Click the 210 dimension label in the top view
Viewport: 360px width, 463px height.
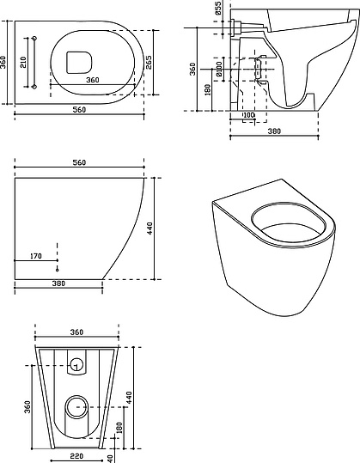23,62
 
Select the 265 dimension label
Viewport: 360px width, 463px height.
149,63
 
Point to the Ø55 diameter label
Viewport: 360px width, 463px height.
217,8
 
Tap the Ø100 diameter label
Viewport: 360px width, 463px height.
219,69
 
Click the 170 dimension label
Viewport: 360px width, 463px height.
36,256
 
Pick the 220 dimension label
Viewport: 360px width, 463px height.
76,456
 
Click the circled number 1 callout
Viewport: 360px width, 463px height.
76,364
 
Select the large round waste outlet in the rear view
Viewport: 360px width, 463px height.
76,407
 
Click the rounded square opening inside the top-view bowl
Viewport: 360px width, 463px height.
79,63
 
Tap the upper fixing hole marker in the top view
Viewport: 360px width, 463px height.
34,39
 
